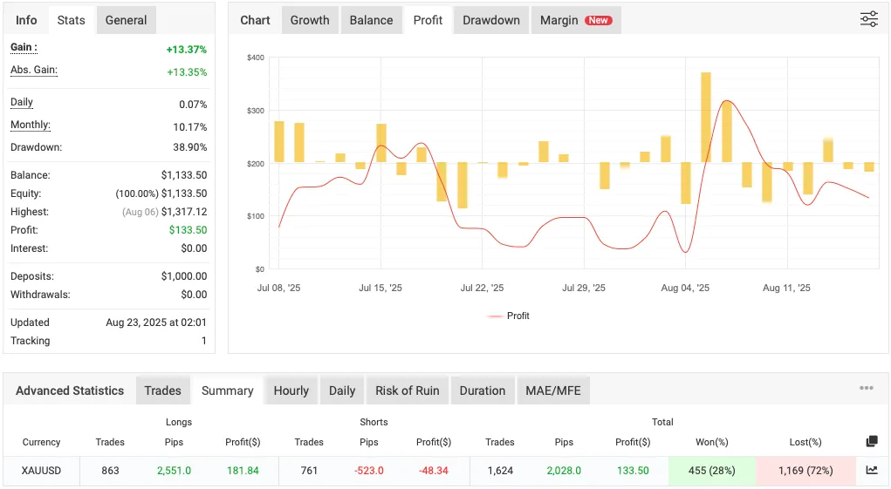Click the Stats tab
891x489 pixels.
[71, 20]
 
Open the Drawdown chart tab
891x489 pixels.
[490, 20]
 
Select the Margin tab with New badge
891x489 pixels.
[575, 20]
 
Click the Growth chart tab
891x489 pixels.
[310, 20]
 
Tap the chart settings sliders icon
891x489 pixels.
[868, 19]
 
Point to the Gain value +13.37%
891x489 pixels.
[186, 50]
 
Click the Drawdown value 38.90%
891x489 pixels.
[190, 148]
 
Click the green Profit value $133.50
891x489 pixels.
[188, 230]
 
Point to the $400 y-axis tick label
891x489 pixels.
[255, 58]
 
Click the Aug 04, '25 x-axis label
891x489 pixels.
[685, 289]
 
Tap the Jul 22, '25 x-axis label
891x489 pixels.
[482, 289]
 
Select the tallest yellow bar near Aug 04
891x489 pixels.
[705, 117]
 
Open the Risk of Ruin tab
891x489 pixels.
[407, 391]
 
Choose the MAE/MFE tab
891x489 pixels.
[553, 391]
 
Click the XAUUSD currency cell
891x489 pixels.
[41, 471]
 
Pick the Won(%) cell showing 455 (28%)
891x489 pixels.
[711, 471]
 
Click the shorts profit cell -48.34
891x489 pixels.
[434, 471]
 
